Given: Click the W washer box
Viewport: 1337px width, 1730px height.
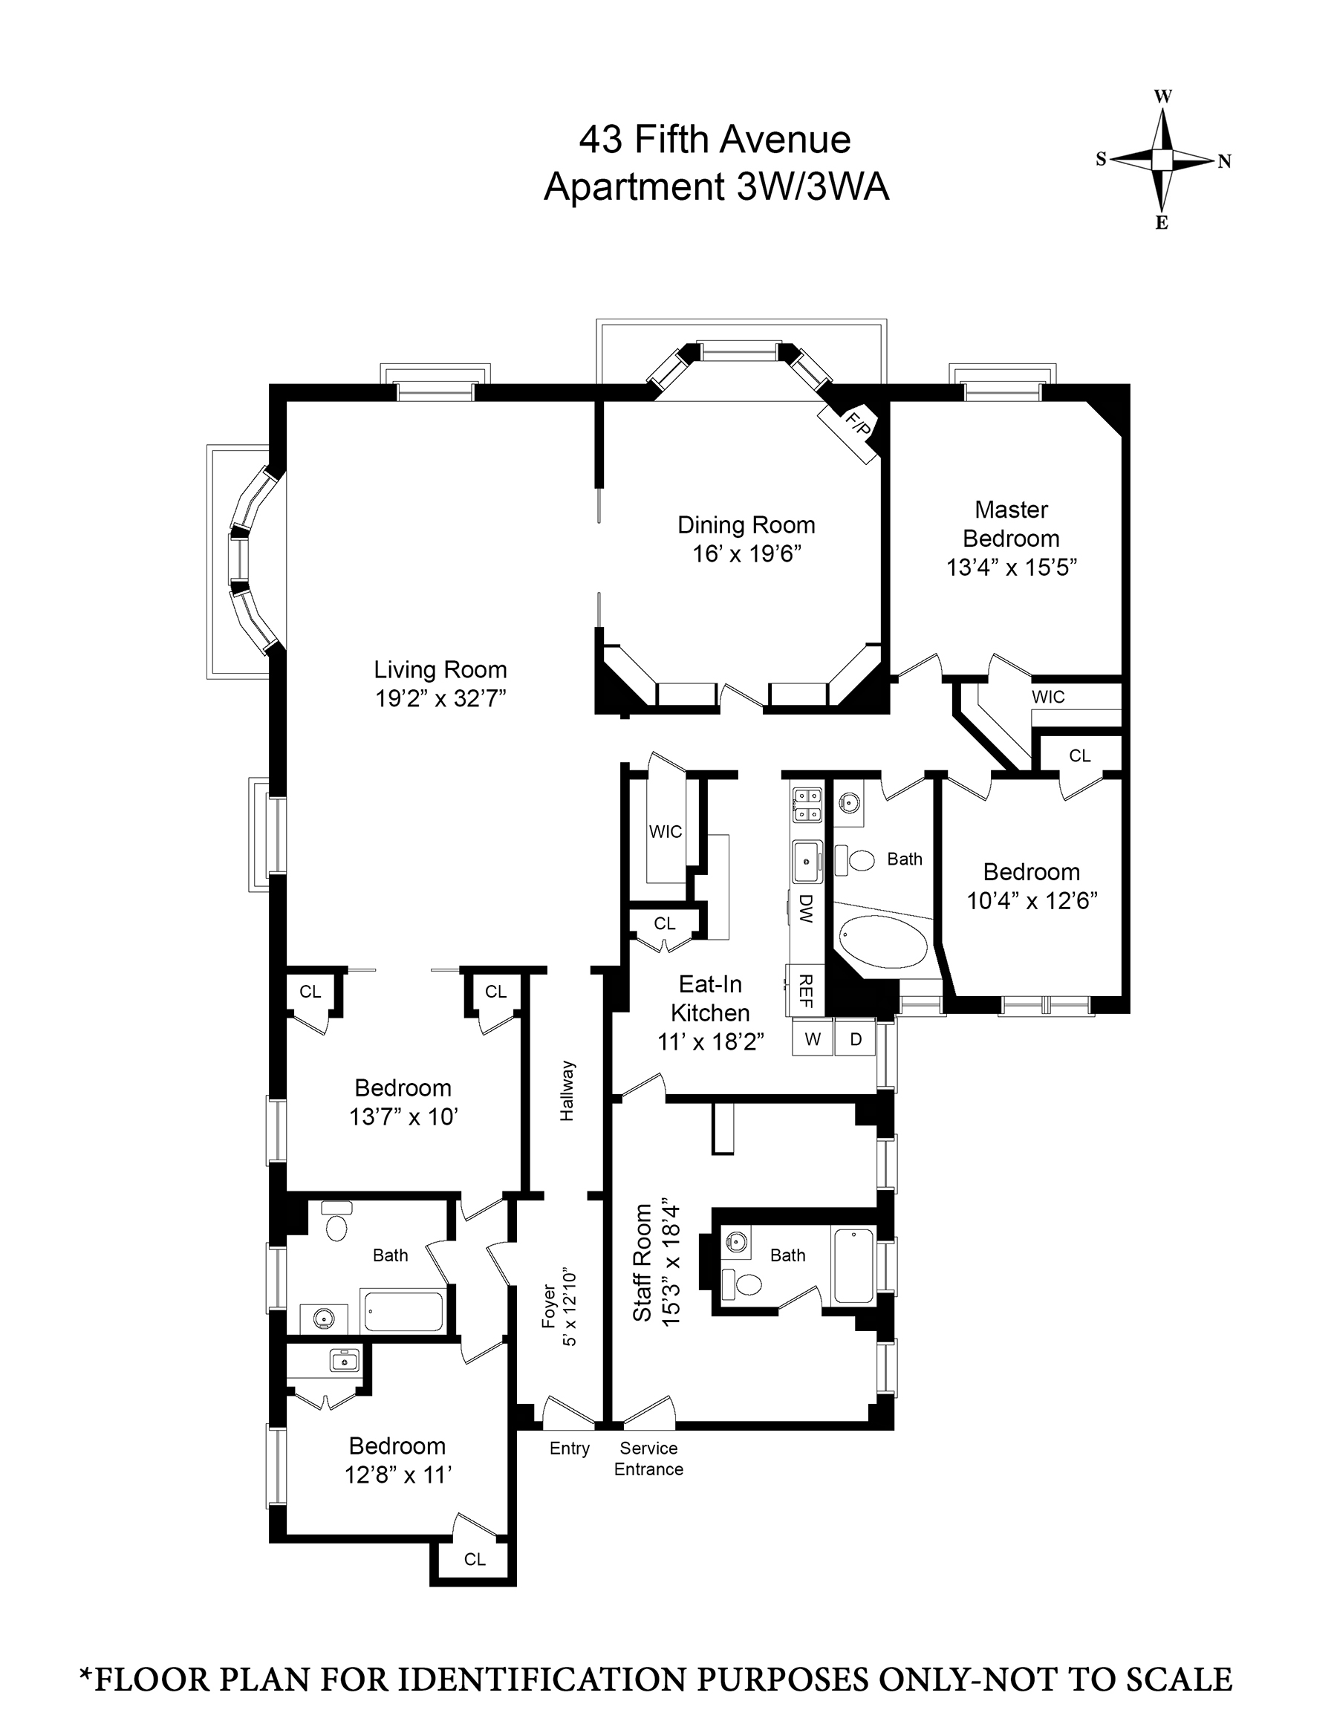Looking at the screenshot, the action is (x=813, y=1039).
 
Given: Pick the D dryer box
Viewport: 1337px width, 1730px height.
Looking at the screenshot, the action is (x=856, y=1039).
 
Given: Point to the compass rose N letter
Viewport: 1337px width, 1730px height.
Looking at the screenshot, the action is (x=1225, y=162).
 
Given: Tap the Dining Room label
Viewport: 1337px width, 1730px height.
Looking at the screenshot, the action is (x=746, y=525).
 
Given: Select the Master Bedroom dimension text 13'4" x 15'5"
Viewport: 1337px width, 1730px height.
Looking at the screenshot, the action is (x=1012, y=568).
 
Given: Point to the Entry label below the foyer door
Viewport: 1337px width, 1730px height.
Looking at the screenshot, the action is (x=570, y=1448).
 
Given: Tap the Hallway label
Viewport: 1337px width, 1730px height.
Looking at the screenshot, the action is (x=567, y=1090).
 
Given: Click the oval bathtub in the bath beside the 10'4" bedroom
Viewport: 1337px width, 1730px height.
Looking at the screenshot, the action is (x=882, y=942).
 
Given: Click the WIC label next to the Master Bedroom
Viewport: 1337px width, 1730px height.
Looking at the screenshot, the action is (x=1048, y=697).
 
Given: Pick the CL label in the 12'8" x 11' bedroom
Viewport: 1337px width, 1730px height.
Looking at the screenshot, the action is (x=475, y=1559).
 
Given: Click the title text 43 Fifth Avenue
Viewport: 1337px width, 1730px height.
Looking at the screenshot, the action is (x=715, y=140).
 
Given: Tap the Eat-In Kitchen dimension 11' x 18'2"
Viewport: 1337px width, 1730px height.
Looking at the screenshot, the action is (x=711, y=1041).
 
